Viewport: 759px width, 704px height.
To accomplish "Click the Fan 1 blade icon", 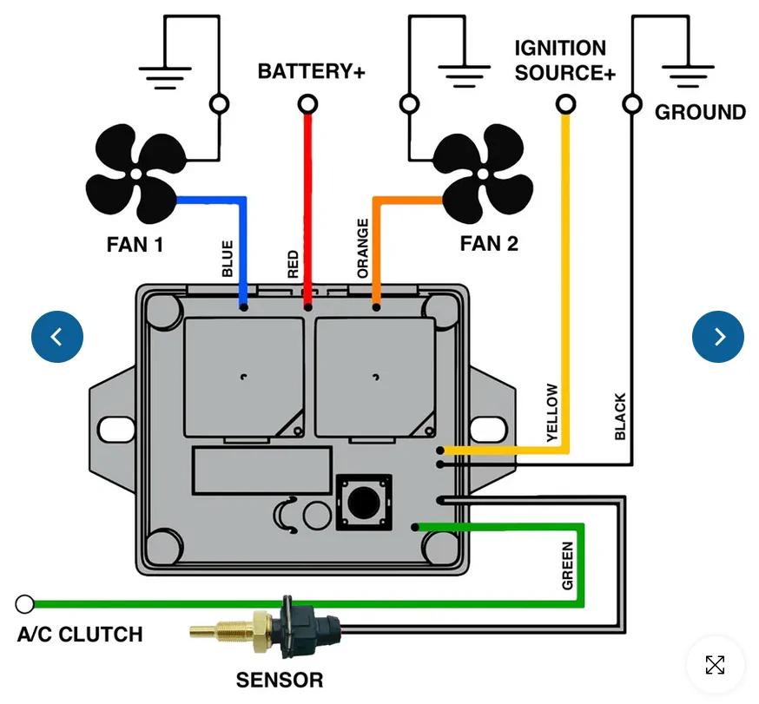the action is click(136, 174).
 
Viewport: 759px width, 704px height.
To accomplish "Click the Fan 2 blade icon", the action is click(483, 174).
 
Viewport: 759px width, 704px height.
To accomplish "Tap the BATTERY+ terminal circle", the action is click(307, 104).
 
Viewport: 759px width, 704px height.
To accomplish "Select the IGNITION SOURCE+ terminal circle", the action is click(565, 104).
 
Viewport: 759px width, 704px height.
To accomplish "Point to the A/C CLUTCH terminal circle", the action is click(24, 604).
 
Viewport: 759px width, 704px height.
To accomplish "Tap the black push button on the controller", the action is click(364, 503).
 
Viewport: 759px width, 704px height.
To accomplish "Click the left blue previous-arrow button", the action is click(57, 336).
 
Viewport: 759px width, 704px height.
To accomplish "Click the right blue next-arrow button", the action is click(718, 336).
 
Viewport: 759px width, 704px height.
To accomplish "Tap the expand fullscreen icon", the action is click(715, 665).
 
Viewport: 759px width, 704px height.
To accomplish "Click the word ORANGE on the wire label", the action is click(362, 248).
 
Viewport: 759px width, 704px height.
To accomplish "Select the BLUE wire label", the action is click(227, 259).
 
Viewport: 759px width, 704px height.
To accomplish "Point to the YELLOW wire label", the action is click(551, 412).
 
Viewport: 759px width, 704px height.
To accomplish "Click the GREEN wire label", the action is click(567, 566).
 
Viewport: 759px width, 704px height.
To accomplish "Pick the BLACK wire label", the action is click(620, 416).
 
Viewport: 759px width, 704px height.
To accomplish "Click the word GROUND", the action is click(700, 112).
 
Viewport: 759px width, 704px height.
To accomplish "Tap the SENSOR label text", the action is click(280, 680).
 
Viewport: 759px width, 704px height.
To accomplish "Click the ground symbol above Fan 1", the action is click(165, 77).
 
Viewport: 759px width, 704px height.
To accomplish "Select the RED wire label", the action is click(293, 264).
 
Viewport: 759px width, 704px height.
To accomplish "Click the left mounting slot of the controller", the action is click(116, 429).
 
